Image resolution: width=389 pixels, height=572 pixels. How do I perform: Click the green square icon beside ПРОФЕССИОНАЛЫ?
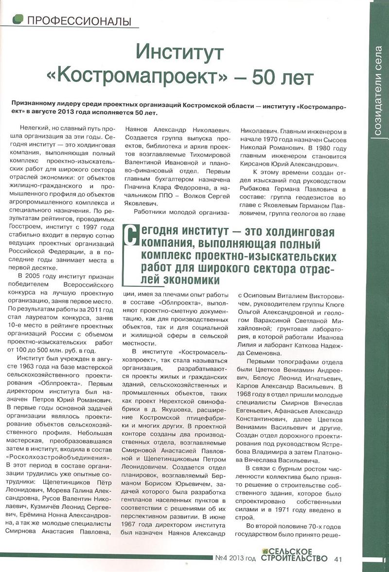(18, 19)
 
